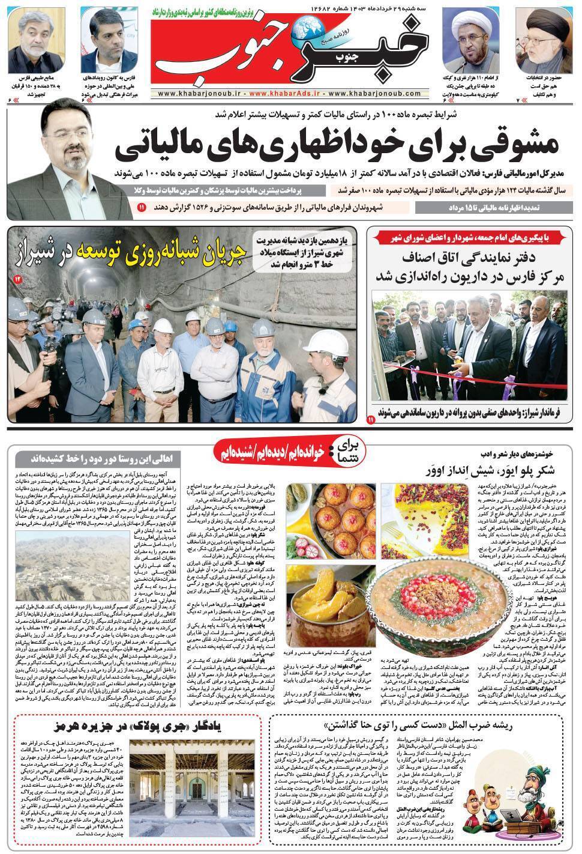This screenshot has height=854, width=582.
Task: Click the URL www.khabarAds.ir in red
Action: tap(286, 94)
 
